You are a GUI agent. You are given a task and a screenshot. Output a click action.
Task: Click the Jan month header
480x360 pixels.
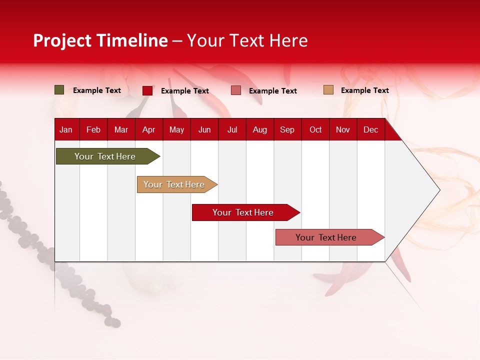tap(66, 130)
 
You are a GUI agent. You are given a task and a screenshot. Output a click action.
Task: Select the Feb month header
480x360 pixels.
tap(93, 130)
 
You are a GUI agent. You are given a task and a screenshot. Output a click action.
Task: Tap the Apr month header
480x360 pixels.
tap(148, 130)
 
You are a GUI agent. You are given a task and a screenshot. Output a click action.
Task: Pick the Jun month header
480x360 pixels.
tap(204, 130)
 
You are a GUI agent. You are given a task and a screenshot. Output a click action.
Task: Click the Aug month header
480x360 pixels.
tap(260, 130)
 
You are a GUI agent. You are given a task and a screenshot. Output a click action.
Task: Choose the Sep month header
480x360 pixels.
tap(287, 130)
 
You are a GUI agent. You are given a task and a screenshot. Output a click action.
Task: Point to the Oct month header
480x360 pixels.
tap(315, 130)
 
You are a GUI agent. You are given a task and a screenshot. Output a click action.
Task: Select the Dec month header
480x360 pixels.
tap(370, 130)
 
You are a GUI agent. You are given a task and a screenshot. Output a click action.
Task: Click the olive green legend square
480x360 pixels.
tap(59, 90)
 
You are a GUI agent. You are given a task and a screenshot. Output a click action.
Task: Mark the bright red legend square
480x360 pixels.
tap(147, 90)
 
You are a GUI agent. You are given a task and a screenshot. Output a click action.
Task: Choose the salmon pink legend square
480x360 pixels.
tap(236, 90)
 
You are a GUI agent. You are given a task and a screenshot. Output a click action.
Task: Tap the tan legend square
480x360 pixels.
tap(328, 90)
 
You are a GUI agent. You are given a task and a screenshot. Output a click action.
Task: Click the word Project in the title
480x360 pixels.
tap(62, 40)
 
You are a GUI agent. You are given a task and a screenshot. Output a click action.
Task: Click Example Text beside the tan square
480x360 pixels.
tap(364, 90)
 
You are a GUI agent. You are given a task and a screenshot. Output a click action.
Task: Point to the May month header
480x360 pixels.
tap(176, 130)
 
